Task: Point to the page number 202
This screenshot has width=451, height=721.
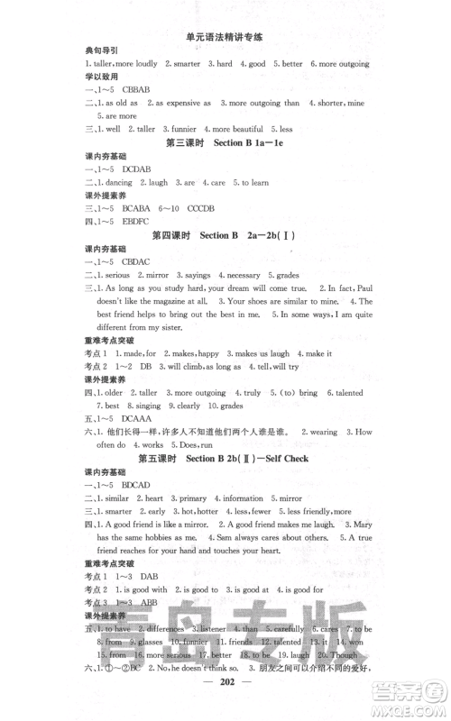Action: tap(224, 708)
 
